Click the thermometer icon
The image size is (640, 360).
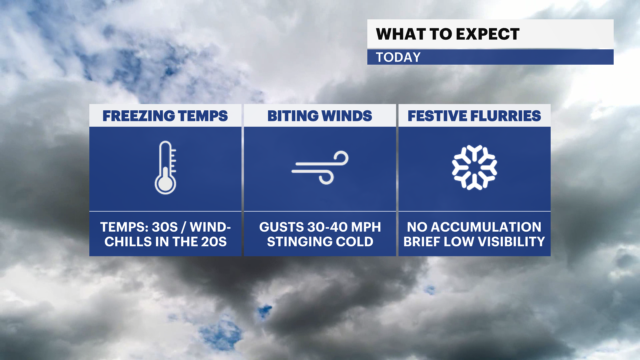[165, 168]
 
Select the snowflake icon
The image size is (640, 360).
[474, 167]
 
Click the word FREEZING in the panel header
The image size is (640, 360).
[139, 116]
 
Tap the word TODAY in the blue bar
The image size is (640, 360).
[398, 57]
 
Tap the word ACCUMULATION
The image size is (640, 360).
[486, 227]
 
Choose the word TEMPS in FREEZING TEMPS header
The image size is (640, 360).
[203, 116]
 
